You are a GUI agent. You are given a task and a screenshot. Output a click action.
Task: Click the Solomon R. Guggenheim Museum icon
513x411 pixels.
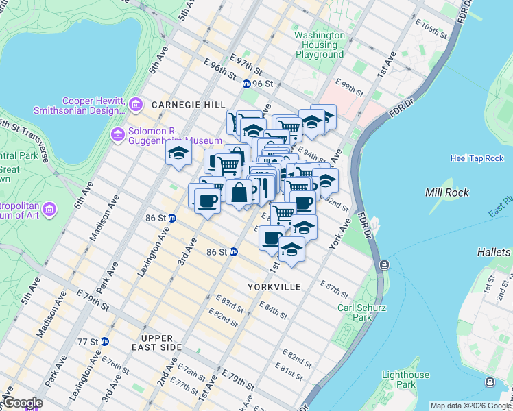[117, 132]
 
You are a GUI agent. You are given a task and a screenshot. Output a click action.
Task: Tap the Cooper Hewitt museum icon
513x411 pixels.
[136, 105]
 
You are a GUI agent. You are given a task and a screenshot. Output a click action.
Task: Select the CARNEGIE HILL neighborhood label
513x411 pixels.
[188, 105]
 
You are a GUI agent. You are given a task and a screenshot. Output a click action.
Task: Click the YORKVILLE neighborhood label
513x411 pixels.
[276, 286]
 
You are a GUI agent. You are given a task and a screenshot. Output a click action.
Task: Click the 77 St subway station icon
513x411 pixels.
[104, 341]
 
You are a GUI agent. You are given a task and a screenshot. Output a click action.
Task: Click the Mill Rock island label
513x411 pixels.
[447, 192]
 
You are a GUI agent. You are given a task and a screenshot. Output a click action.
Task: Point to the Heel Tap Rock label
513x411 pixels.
[477, 158]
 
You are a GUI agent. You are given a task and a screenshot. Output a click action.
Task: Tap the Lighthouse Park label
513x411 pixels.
[405, 379]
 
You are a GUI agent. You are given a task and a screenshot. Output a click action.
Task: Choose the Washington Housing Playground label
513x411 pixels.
[320, 45]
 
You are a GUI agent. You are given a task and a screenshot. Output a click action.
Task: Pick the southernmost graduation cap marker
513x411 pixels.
[291, 249]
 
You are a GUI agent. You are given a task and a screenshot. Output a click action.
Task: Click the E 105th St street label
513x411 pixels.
[431, 30]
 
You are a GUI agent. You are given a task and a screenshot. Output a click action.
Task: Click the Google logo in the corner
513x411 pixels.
[22, 403]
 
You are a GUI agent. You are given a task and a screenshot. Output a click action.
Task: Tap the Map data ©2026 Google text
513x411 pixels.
[470, 406]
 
